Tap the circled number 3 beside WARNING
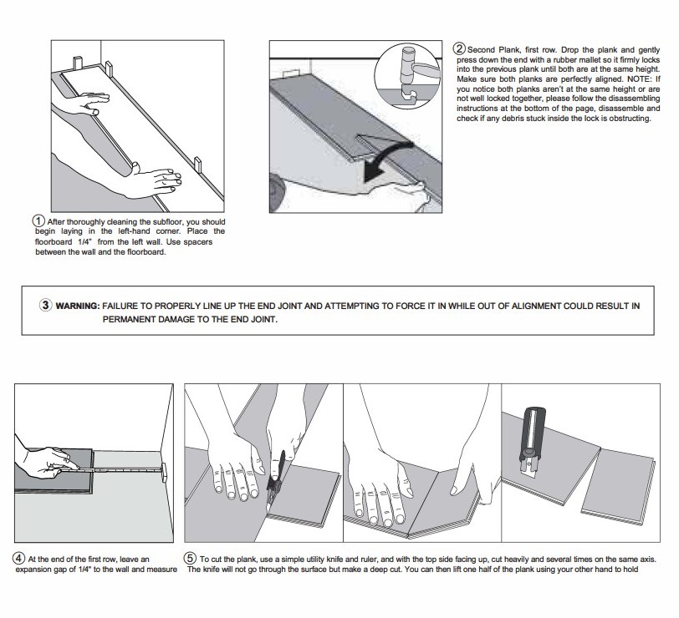click(x=46, y=305)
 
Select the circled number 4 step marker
click(x=18, y=558)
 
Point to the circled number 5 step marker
click(x=191, y=558)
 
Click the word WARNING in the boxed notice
click(x=77, y=306)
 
